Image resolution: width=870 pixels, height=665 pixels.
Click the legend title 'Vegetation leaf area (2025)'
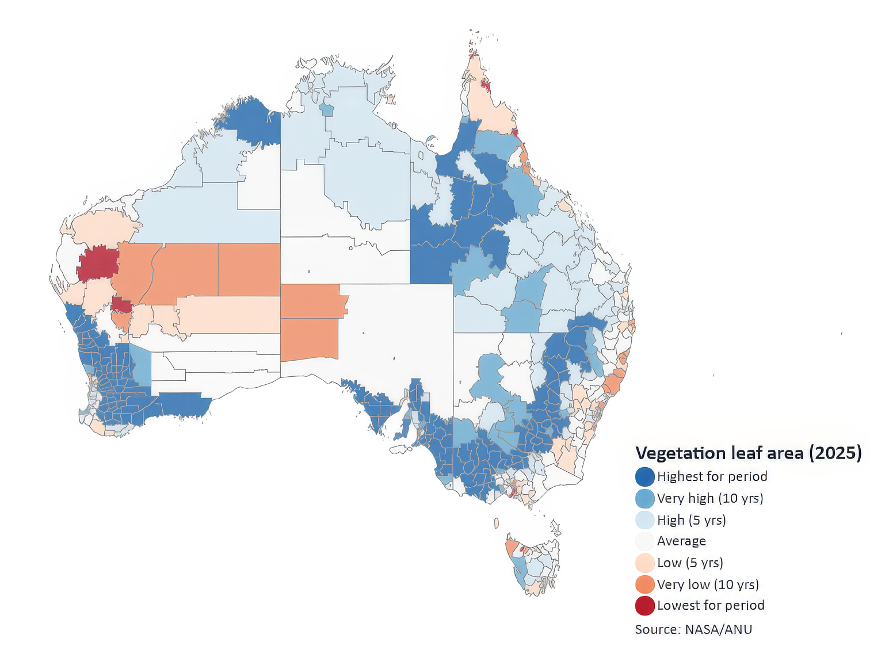point(748,453)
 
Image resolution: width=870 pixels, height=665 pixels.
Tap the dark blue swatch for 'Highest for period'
point(644,477)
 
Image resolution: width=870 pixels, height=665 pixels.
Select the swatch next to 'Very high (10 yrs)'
point(644,498)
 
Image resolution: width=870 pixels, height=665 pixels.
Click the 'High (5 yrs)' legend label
point(691,520)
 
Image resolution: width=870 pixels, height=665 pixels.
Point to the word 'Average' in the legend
point(681,541)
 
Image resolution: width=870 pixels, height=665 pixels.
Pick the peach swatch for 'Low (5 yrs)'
point(644,563)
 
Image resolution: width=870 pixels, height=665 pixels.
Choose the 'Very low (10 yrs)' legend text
point(708,584)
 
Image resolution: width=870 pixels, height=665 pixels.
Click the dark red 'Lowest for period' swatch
point(644,606)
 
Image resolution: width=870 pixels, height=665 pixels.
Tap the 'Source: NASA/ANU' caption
point(693,629)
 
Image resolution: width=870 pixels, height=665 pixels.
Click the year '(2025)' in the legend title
point(835,453)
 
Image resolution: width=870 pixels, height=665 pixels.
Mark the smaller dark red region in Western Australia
point(121,305)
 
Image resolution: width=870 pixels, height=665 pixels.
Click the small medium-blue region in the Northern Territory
point(327,110)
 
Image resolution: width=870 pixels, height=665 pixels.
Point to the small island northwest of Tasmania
point(496,523)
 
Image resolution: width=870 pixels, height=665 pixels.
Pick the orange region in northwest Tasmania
point(511,545)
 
